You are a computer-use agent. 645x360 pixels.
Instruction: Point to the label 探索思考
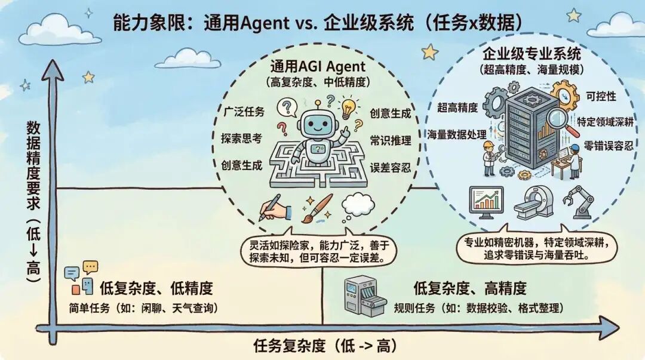241,138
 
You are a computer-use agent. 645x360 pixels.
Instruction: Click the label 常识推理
391,140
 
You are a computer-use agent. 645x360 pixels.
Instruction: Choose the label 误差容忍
391,167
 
